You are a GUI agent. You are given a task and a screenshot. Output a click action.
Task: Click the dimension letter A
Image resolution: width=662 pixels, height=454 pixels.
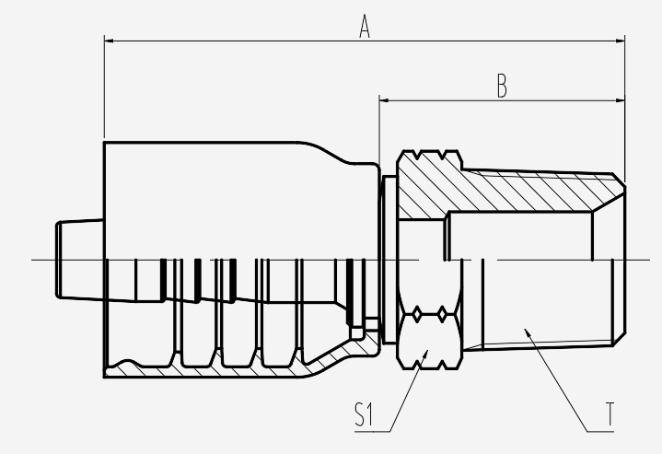[365, 26]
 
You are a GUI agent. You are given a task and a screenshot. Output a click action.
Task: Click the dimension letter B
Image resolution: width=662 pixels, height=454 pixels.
[502, 86]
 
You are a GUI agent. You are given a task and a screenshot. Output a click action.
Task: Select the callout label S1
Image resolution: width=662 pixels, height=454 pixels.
[364, 414]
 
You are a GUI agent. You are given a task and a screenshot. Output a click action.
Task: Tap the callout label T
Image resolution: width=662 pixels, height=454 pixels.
[610, 413]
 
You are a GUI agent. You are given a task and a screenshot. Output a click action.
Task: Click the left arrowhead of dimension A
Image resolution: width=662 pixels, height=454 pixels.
[109, 41]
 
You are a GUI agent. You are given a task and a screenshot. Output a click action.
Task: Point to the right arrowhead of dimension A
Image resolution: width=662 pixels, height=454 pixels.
[621, 41]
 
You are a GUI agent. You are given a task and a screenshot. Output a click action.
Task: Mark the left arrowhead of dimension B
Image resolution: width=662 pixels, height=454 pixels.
[384, 100]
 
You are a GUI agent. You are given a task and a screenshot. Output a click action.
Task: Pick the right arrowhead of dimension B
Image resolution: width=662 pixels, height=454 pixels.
[621, 100]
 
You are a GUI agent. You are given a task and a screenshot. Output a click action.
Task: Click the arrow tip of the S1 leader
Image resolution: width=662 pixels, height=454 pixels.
[428, 351]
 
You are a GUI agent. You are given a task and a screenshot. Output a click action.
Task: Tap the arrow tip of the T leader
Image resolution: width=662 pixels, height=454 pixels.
[525, 329]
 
